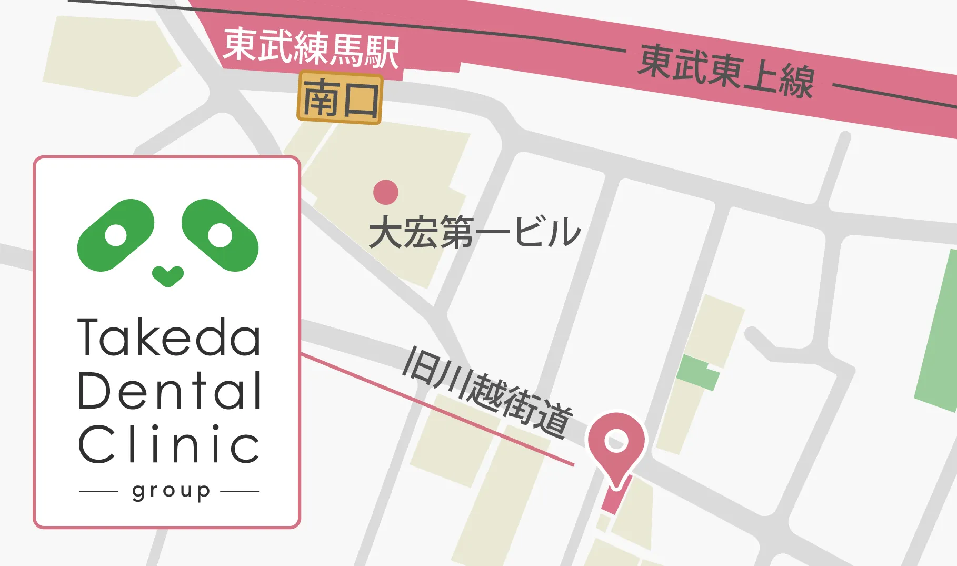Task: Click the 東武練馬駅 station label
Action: [x=311, y=48]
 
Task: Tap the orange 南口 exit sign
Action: [x=340, y=98]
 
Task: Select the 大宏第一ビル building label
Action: [x=474, y=232]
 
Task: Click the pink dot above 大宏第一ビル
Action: [x=386, y=192]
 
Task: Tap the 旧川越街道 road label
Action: [x=487, y=392]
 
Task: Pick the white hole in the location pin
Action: [x=616, y=440]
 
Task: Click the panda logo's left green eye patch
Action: [x=116, y=235]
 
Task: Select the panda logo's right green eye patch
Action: [x=220, y=235]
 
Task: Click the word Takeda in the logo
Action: [x=169, y=337]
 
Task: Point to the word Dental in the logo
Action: [x=169, y=391]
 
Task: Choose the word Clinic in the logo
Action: [x=169, y=444]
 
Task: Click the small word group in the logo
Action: [x=171, y=491]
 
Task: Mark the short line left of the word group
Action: [x=98, y=492]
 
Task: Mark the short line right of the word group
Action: [x=240, y=492]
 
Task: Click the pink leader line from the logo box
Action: [x=437, y=410]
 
